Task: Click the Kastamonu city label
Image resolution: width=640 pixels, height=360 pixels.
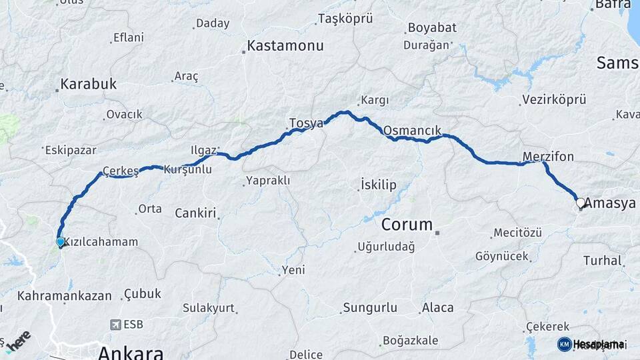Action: [285, 46]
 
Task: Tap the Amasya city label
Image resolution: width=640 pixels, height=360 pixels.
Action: [610, 203]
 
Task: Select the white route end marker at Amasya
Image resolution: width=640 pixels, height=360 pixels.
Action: [580, 203]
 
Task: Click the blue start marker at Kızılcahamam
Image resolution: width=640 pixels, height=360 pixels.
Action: [61, 242]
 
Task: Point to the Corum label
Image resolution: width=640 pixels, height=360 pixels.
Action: [407, 224]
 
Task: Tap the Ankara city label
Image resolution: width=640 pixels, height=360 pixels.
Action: [131, 351]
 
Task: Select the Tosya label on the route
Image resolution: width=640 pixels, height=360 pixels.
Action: [306, 123]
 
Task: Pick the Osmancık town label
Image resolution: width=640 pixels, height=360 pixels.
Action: [413, 130]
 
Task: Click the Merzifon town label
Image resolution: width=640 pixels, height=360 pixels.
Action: [548, 157]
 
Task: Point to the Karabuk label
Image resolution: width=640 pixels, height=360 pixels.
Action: [89, 84]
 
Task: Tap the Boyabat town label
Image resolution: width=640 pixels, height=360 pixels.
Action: [431, 28]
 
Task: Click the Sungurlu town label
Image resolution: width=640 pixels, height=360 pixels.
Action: [369, 308]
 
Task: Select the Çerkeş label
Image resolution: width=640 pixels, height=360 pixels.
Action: [121, 170]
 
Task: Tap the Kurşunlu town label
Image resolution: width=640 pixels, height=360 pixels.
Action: [187, 169]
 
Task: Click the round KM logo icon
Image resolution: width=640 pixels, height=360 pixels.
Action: [564, 344]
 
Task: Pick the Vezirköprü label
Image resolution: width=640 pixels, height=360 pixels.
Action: [553, 100]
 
